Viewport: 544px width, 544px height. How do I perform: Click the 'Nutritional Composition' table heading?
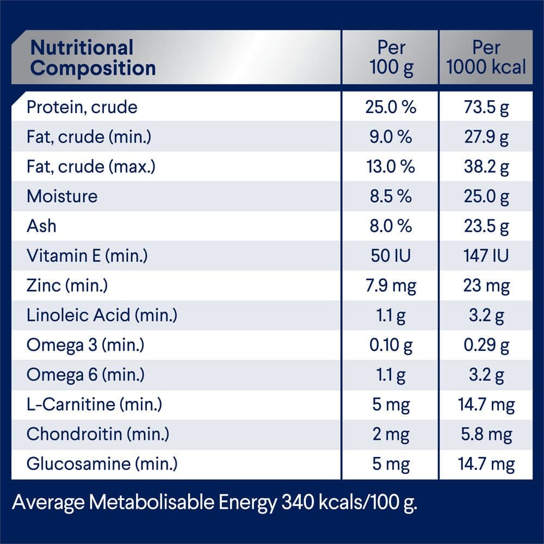(92, 58)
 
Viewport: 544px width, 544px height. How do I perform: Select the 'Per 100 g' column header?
(391, 58)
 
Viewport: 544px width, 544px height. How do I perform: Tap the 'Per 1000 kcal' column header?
(486, 58)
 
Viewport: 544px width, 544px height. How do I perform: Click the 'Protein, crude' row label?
(82, 107)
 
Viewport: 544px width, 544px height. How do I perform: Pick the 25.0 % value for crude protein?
(391, 107)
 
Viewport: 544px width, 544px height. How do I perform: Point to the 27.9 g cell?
(486, 137)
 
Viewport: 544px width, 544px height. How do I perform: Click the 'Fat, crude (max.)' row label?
(91, 166)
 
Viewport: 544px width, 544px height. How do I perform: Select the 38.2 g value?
(486, 166)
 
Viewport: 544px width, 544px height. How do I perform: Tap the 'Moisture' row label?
(62, 196)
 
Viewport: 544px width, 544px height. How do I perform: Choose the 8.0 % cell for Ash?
(391, 226)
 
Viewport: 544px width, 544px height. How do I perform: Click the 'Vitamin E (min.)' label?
(87, 255)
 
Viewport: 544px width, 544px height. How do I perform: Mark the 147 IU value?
(486, 255)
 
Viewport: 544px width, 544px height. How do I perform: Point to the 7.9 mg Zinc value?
(391, 285)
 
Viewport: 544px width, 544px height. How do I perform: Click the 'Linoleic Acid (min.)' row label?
(102, 315)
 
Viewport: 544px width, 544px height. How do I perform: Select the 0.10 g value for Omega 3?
(391, 345)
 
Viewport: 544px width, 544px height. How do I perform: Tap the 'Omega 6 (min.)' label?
(85, 374)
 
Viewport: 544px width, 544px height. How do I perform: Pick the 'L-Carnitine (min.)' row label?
(94, 404)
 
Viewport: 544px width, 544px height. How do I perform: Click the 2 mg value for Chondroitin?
(391, 434)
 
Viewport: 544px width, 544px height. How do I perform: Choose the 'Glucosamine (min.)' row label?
(102, 464)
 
